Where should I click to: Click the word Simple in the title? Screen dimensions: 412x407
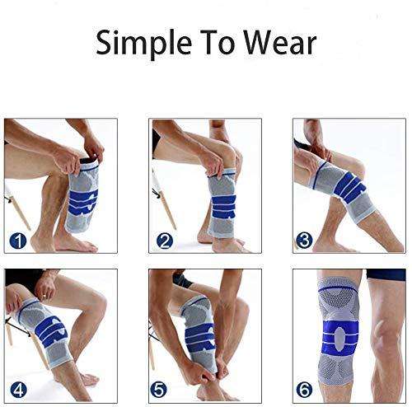(x=143, y=43)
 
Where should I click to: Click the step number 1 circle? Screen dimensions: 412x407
(x=18, y=241)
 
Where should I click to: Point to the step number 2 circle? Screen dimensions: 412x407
(x=165, y=241)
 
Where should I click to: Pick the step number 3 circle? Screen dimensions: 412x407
(x=304, y=241)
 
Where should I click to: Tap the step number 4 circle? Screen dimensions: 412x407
(x=18, y=390)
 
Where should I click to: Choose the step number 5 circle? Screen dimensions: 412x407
(x=159, y=390)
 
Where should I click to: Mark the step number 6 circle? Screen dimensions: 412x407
(x=305, y=390)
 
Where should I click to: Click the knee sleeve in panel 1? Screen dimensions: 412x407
(x=82, y=196)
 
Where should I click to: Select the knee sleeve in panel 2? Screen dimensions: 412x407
(x=222, y=203)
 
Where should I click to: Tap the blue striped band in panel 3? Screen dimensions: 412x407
(x=349, y=187)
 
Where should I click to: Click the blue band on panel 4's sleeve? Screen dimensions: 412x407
(x=51, y=331)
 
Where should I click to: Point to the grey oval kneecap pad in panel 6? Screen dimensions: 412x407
(x=340, y=338)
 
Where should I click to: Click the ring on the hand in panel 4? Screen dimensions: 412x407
(x=44, y=296)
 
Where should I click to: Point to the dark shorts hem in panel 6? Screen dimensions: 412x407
(x=386, y=275)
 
